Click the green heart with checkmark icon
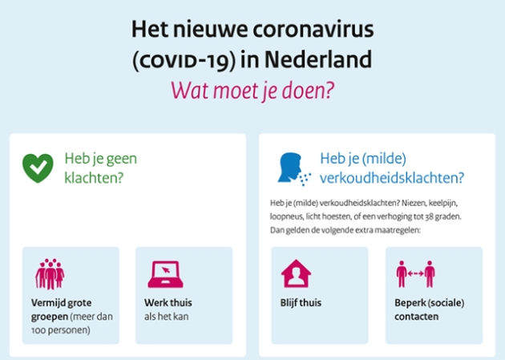pyautogui.click(x=38, y=168)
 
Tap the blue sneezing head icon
pyautogui.click(x=294, y=169)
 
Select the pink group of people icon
pyautogui.click(x=50, y=274)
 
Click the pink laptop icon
pyautogui.click(x=166, y=274)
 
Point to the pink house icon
pyautogui.click(x=296, y=273)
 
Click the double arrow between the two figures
pyautogui.click(x=415, y=273)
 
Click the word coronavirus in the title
pyautogui.click(x=313, y=30)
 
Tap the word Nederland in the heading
pyautogui.click(x=318, y=59)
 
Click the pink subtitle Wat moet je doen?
pyautogui.click(x=252, y=91)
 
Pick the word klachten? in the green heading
pyautogui.click(x=94, y=178)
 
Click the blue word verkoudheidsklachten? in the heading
pyautogui.click(x=392, y=178)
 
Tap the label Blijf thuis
pyautogui.click(x=301, y=303)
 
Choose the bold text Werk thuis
pyautogui.click(x=168, y=303)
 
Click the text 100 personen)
pyautogui.click(x=61, y=330)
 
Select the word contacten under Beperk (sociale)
pyautogui.click(x=417, y=317)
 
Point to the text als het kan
pyautogui.click(x=166, y=317)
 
